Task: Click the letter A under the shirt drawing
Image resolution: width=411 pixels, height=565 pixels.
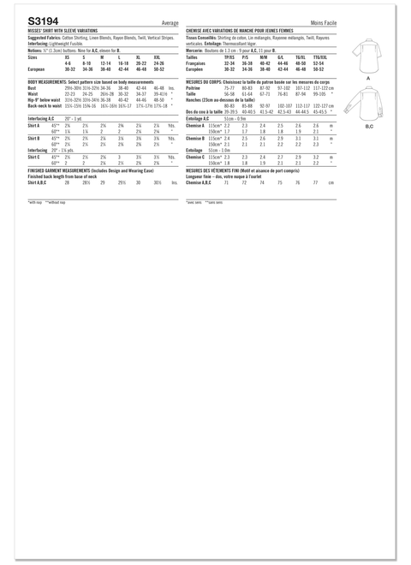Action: [x=367, y=77]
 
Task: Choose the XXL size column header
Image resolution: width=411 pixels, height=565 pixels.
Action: [x=158, y=56]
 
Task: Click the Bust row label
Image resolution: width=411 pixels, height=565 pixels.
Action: [x=33, y=87]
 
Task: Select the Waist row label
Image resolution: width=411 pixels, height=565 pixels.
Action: [x=33, y=93]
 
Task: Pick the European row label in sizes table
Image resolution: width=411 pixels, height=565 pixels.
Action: [x=37, y=69]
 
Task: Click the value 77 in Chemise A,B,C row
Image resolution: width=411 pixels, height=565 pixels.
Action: [x=315, y=182]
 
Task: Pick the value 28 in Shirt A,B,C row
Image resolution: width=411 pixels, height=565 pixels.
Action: [x=67, y=182]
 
